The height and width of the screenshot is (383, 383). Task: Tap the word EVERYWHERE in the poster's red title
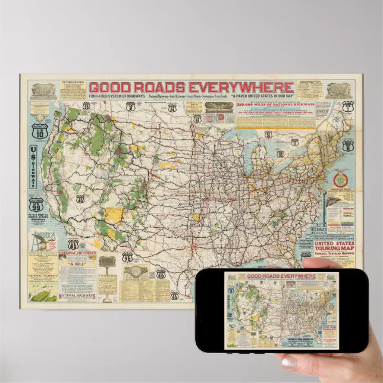[x=244, y=87]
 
